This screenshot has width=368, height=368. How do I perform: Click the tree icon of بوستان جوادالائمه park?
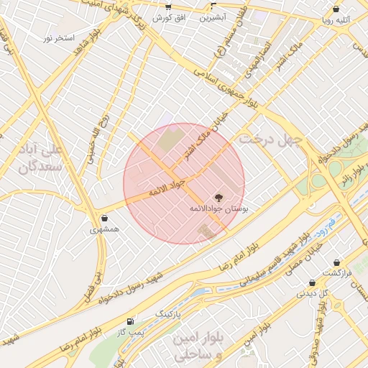(218, 196)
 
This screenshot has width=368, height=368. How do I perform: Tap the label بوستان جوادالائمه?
(218, 208)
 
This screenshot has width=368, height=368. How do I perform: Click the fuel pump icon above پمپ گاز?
(129, 321)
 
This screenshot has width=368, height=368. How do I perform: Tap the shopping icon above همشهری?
(105, 218)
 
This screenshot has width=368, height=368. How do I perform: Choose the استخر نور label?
(59, 37)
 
